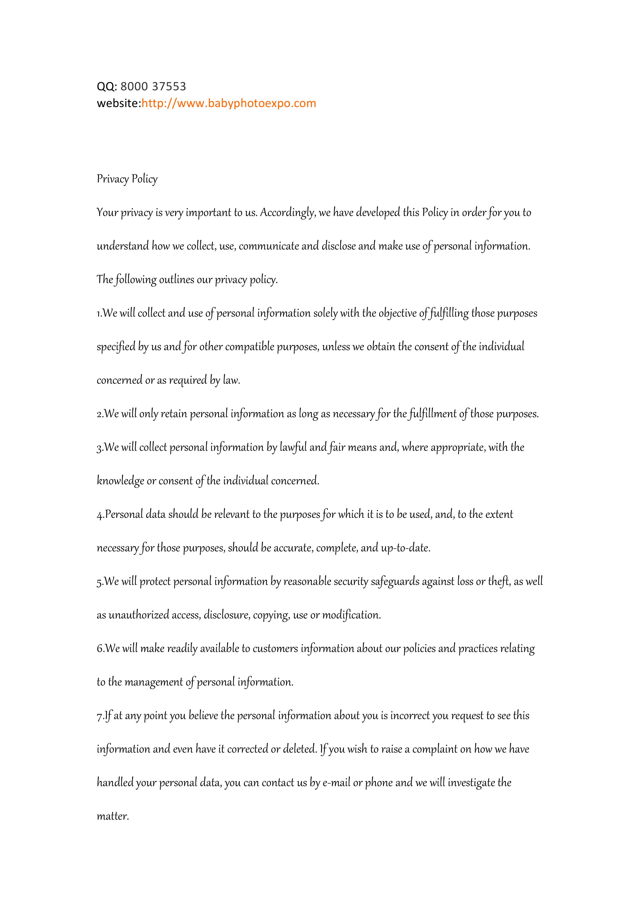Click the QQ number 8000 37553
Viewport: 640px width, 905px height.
pos(153,86)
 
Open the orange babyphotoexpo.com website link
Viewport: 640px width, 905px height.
pos(229,103)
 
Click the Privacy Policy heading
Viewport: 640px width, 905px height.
pos(127,179)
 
